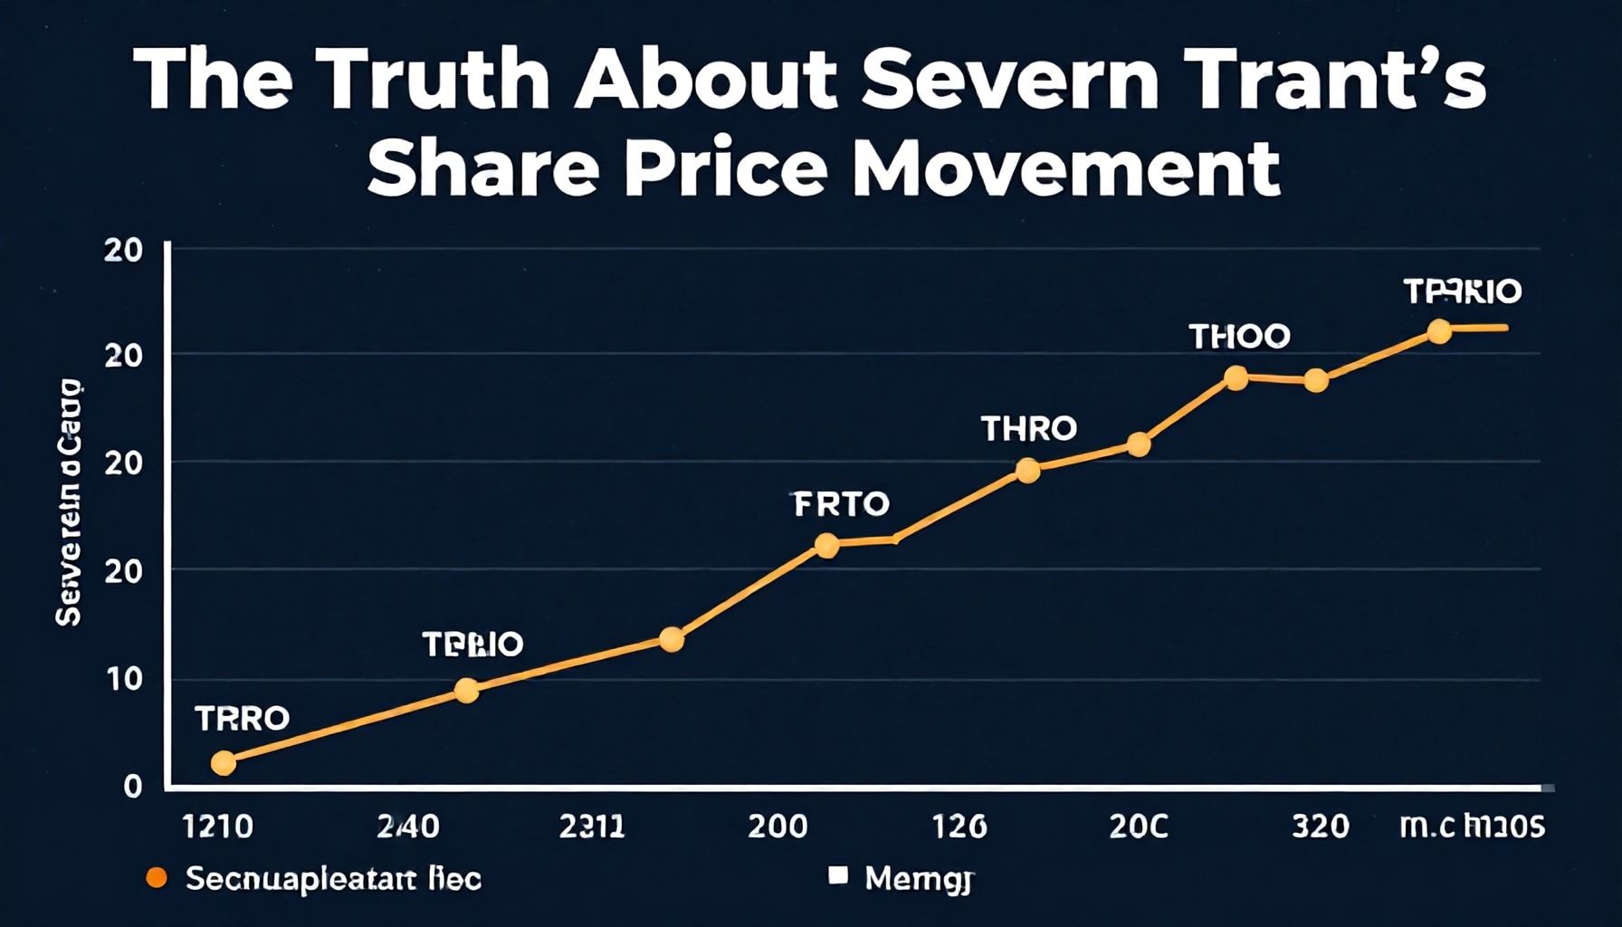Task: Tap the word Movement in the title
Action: (1066, 167)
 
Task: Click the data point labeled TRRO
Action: (223, 763)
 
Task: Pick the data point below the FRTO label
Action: (826, 545)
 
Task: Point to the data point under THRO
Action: (1027, 470)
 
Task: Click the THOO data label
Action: (1238, 337)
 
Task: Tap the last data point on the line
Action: (1439, 331)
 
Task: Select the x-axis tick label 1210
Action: (218, 826)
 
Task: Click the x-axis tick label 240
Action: (407, 826)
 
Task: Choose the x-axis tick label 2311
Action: (591, 826)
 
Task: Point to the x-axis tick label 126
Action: (959, 826)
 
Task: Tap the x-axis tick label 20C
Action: (1139, 826)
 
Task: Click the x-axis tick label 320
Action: (1321, 826)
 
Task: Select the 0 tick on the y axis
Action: (133, 786)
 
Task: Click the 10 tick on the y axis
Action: (124, 679)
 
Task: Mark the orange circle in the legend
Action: (157, 877)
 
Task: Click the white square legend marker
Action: (838, 875)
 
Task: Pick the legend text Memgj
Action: (918, 878)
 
